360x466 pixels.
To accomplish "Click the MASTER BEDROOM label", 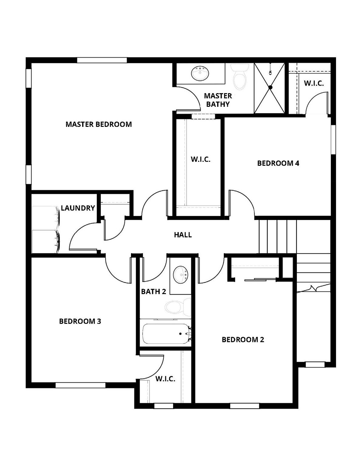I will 99,124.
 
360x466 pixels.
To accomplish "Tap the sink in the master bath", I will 200,73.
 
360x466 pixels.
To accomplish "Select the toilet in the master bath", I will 240,78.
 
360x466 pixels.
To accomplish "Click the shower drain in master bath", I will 271,87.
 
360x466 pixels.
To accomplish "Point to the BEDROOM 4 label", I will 278,163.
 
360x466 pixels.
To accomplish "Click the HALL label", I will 183,235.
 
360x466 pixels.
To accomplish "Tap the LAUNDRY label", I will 78,208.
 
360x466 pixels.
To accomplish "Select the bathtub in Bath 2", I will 166,334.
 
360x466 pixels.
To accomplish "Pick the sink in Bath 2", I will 181,275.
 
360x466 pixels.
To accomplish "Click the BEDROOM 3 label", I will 80,321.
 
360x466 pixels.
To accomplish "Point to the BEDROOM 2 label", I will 243,339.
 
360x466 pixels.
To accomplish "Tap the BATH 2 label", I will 153,292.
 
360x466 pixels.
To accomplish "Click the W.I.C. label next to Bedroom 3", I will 165,379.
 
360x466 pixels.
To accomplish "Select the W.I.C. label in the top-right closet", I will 314,83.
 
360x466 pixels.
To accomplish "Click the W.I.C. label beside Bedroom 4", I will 200,159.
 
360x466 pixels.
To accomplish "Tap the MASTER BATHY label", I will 218,100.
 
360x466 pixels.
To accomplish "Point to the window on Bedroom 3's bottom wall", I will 80,385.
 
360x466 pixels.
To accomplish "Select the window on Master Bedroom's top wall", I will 102,60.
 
